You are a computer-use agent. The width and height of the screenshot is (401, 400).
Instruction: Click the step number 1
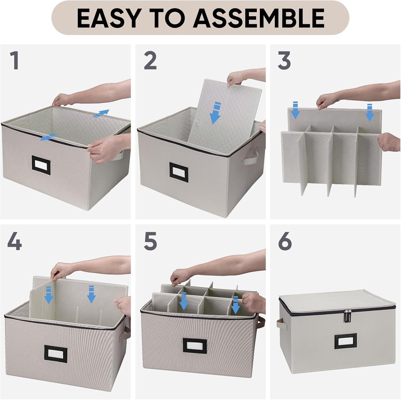pyautogui.click(x=15, y=61)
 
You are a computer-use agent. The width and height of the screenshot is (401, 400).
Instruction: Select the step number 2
pyautogui.click(x=150, y=61)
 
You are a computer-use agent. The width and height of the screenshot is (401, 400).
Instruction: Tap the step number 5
pyautogui.click(x=150, y=242)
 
